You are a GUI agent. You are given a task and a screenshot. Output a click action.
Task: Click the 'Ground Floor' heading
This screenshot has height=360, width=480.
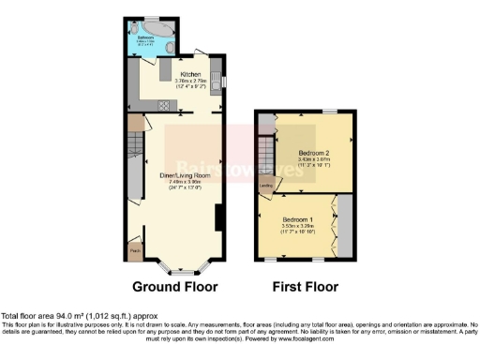tap(174, 287)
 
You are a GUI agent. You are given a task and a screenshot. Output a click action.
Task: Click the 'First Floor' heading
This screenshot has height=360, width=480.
tap(306, 287)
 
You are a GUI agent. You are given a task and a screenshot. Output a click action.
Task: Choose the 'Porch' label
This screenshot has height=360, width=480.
tap(135, 250)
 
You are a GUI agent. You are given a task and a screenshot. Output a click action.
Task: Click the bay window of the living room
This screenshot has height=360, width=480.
tap(175, 259)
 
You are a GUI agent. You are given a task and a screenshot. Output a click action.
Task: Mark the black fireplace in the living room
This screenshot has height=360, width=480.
tap(218, 217)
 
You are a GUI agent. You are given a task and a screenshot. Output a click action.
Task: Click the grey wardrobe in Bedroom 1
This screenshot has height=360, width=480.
tap(345, 225)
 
